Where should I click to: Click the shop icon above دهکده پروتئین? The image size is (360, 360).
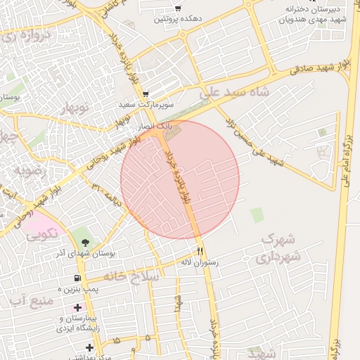(x=177, y=8)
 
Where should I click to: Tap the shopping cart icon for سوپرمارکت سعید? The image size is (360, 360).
(x=145, y=94)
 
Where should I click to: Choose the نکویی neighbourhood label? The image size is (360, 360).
(x=43, y=236)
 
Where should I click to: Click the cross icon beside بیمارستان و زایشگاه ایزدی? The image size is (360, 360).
(x=77, y=308)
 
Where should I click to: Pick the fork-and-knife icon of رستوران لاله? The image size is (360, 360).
(x=200, y=250)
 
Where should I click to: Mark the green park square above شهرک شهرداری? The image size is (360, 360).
(x=257, y=215)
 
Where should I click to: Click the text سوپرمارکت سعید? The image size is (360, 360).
(x=146, y=105)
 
